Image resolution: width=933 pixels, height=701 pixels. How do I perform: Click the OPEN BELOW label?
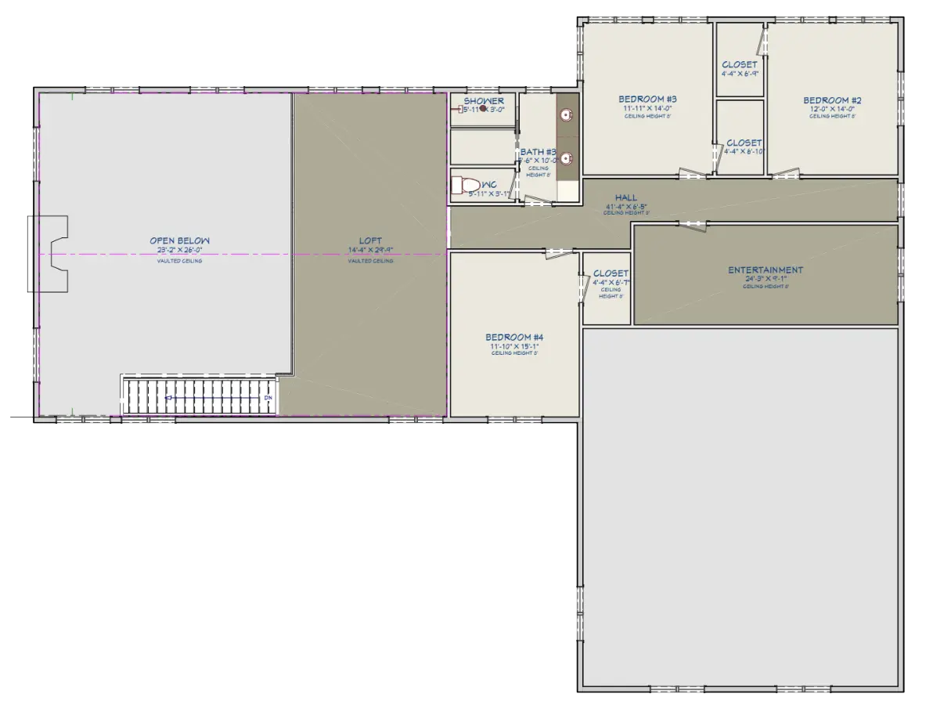[180, 241]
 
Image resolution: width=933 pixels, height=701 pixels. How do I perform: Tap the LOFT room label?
[370, 241]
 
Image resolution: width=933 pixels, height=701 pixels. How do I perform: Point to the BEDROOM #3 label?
[647, 99]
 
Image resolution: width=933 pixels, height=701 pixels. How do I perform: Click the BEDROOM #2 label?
[832, 100]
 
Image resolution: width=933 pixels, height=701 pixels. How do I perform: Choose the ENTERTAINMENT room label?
[765, 270]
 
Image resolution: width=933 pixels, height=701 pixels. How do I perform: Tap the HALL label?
[625, 198]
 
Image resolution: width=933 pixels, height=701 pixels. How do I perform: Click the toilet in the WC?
[467, 186]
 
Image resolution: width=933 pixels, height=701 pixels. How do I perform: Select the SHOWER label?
[484, 102]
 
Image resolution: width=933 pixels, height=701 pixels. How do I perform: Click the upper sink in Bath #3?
[565, 115]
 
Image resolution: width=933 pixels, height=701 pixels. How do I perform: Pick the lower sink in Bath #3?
[565, 157]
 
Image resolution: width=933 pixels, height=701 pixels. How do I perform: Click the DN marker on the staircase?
[268, 398]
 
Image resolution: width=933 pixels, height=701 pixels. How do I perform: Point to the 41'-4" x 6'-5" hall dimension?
[625, 207]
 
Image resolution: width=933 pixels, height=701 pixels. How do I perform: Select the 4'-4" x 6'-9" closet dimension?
[740, 74]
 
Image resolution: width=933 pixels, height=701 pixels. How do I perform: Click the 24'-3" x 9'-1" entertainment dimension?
[765, 279]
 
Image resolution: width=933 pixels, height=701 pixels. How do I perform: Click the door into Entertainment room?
[691, 224]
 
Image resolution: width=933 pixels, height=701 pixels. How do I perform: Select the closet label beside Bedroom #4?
[611, 273]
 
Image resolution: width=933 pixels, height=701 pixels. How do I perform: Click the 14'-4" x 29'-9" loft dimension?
[370, 251]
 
